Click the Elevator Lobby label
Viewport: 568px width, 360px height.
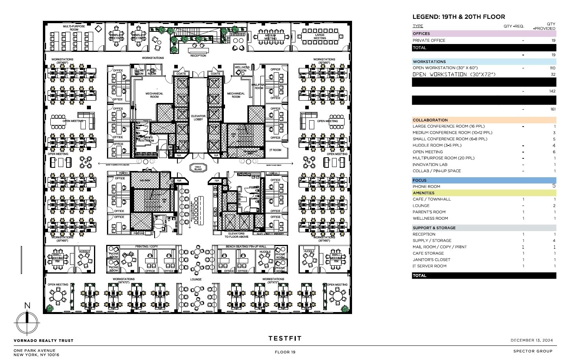point(198,118)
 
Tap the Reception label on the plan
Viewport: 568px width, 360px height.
point(198,56)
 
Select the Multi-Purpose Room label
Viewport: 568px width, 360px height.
point(74,28)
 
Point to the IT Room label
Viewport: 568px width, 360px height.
point(275,150)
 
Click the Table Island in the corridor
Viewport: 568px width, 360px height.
point(198,168)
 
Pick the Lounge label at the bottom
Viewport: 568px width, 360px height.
point(195,279)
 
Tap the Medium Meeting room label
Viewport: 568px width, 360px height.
point(270,37)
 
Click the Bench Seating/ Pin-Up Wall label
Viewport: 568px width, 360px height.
point(240,246)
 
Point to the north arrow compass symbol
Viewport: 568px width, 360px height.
point(27,322)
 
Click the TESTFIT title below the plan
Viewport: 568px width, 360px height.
point(285,338)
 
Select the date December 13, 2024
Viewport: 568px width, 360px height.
point(531,340)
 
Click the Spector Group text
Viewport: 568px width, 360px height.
point(533,351)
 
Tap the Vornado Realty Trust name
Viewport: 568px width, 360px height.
point(43,341)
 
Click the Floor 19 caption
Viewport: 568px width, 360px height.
point(285,352)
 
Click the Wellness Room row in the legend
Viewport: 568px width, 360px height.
point(430,219)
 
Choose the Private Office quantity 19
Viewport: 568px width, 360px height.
point(553,40)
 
